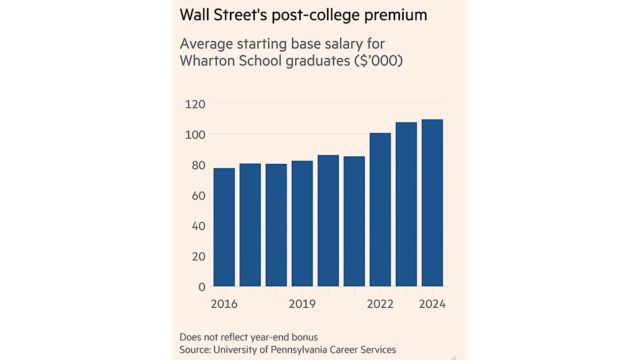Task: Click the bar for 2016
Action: click(224, 227)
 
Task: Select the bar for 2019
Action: click(302, 223)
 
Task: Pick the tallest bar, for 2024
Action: click(433, 203)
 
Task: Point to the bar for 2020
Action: click(328, 221)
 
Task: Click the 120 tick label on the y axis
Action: click(195, 104)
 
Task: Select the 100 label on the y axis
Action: click(195, 134)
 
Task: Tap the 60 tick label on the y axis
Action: click(198, 196)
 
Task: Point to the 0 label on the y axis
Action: click(202, 287)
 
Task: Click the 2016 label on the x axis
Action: click(224, 304)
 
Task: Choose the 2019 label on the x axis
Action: click(302, 304)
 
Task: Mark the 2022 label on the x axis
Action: click(380, 304)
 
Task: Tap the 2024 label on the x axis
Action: click(431, 304)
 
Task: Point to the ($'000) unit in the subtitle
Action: click(378, 61)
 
